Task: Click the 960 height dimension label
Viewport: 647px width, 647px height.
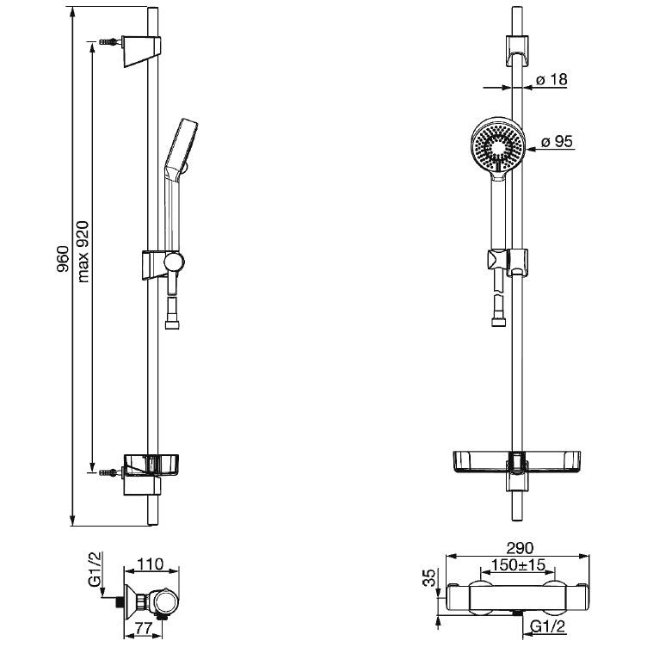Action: [61, 259]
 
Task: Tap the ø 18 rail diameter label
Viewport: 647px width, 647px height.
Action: [551, 79]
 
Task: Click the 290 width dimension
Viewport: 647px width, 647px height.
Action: [520, 548]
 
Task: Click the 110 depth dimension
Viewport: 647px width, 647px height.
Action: [151, 564]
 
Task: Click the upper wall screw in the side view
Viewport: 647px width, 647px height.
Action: [108, 42]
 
